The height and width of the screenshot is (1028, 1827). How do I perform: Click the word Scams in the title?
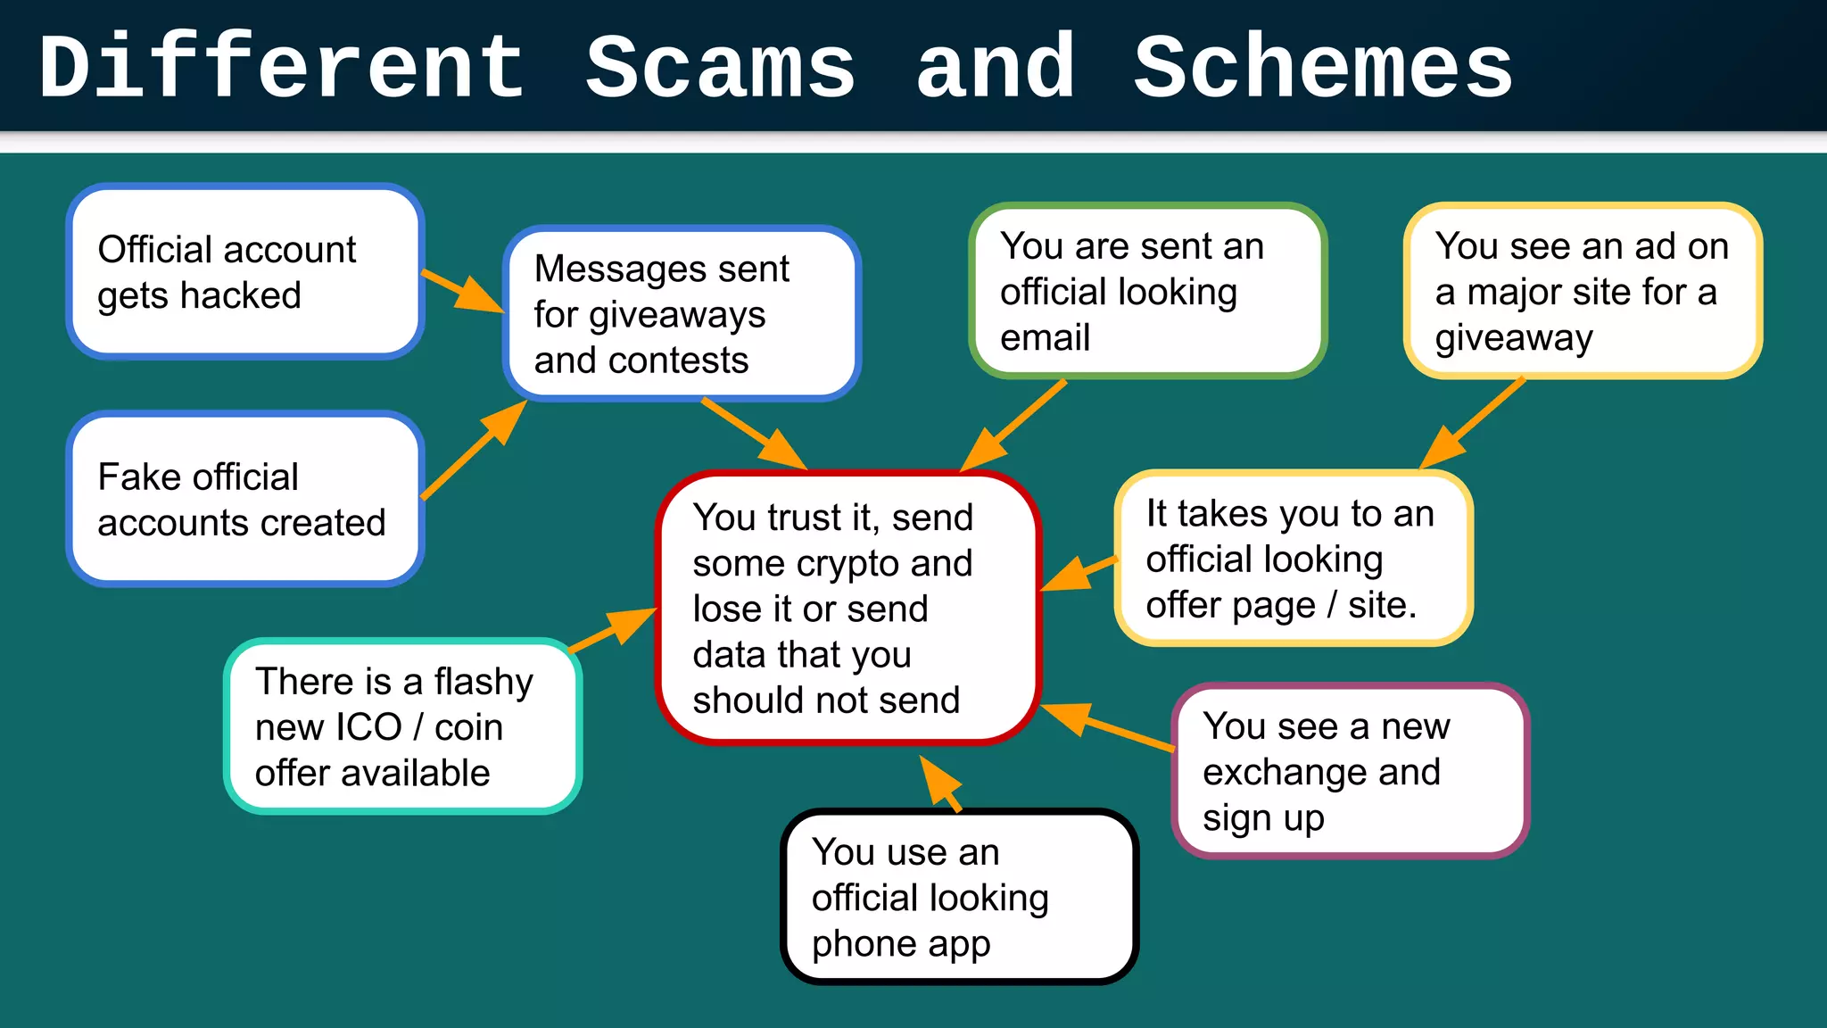pyautogui.click(x=720, y=68)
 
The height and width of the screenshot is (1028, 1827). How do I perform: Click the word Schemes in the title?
pyautogui.click(x=1323, y=68)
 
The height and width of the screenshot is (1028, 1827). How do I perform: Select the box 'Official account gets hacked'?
pyautogui.click(x=244, y=271)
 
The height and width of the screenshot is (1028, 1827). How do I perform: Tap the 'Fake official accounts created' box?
pyautogui.click(x=244, y=499)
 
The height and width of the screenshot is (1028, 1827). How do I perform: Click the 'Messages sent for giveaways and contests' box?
pyautogui.click(x=682, y=313)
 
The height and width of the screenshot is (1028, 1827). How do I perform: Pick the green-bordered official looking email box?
pyautogui.click(x=1147, y=291)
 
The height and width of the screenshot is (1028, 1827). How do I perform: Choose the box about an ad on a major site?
pyautogui.click(x=1583, y=291)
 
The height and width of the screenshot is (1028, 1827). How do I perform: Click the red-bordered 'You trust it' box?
pyautogui.click(x=848, y=608)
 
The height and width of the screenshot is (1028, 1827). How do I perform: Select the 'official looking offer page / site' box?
pyautogui.click(x=1293, y=558)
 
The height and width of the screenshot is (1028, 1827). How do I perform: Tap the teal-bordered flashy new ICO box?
pyautogui.click(x=402, y=726)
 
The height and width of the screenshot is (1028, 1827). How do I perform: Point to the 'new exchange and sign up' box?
pyautogui.click(x=1350, y=771)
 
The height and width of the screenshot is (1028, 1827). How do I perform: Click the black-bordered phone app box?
pyautogui.click(x=959, y=897)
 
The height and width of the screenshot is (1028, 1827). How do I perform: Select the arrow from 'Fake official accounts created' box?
pyautogui.click(x=473, y=450)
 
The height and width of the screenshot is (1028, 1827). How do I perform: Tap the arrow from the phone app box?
pyautogui.click(x=941, y=784)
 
